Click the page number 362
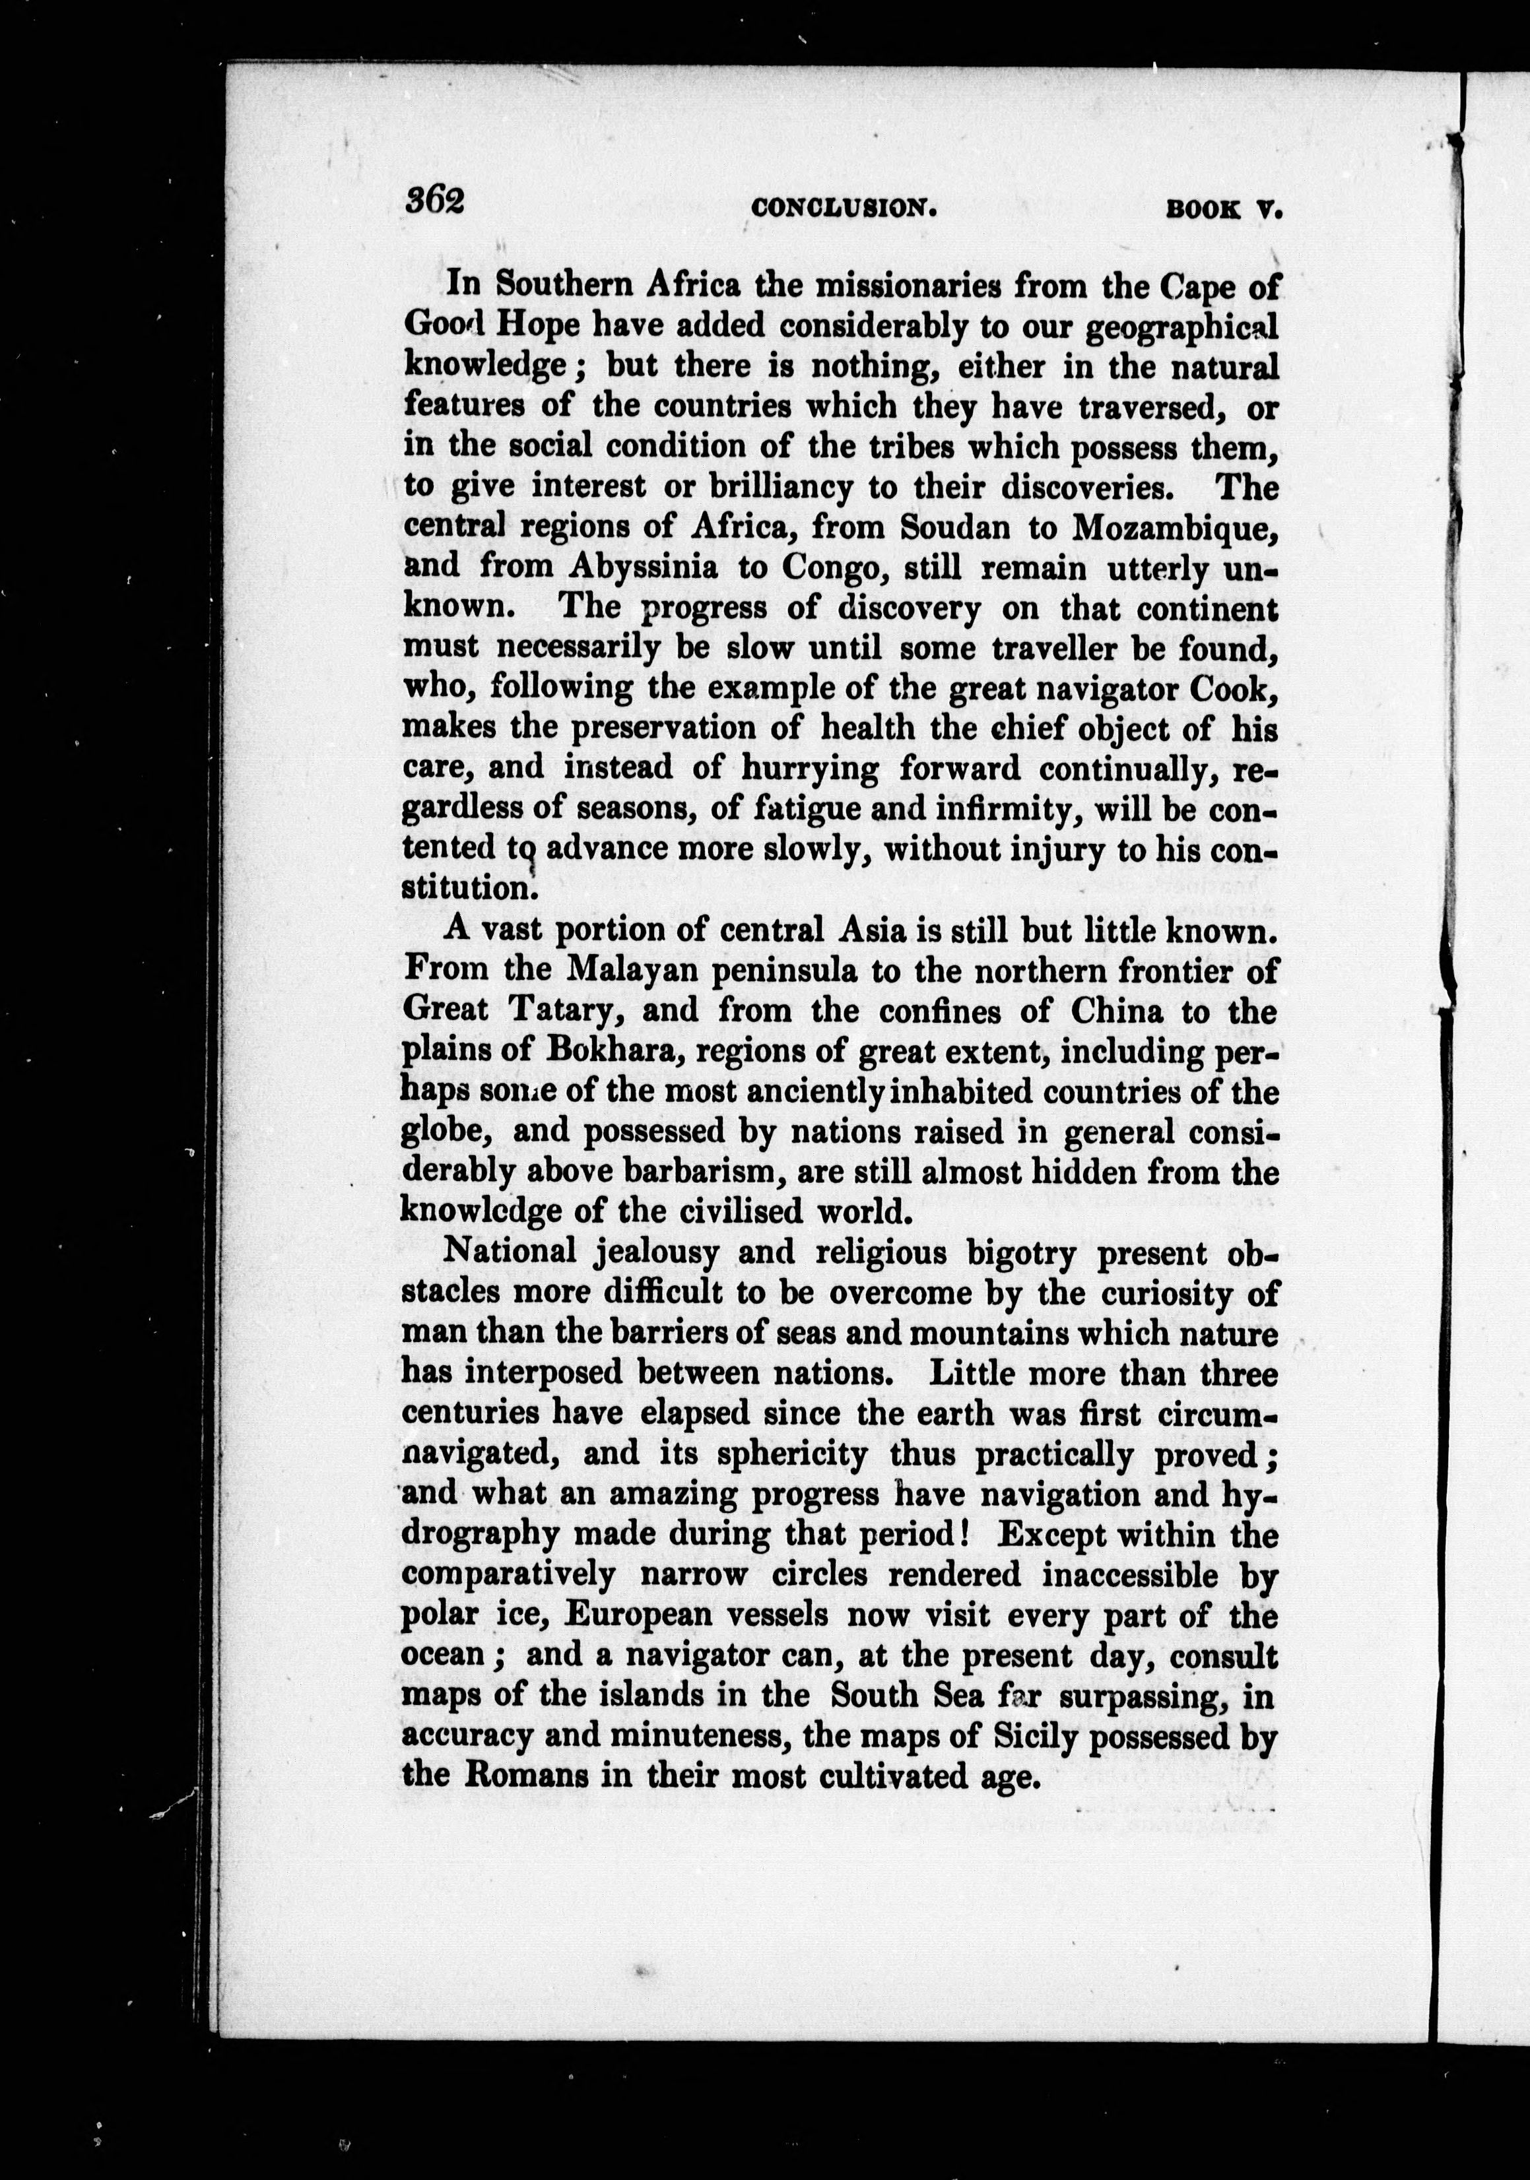coord(434,201)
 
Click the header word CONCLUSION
coord(842,208)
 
